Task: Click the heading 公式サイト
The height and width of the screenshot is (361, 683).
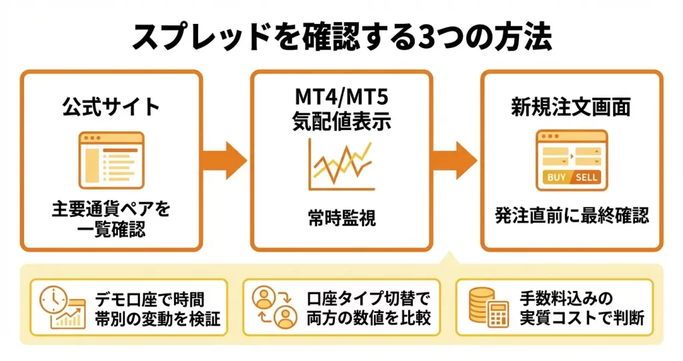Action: click(111, 107)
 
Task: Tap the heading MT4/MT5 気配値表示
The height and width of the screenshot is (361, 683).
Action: click(341, 111)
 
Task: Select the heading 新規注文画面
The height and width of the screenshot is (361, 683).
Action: click(571, 107)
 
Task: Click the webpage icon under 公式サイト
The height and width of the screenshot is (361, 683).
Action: click(111, 160)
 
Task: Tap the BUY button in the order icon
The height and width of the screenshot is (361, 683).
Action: click(556, 177)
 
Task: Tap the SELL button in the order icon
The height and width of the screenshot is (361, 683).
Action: click(586, 177)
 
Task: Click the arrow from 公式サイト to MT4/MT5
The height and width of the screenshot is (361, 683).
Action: click(225, 160)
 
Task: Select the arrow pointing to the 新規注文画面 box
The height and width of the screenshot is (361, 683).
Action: click(455, 160)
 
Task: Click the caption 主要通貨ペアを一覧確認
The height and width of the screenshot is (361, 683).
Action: click(111, 220)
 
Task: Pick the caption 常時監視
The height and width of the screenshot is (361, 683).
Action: click(341, 218)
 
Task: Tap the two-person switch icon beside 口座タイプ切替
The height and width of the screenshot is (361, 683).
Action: click(274, 308)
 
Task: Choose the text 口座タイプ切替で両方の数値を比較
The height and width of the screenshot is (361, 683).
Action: click(369, 308)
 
